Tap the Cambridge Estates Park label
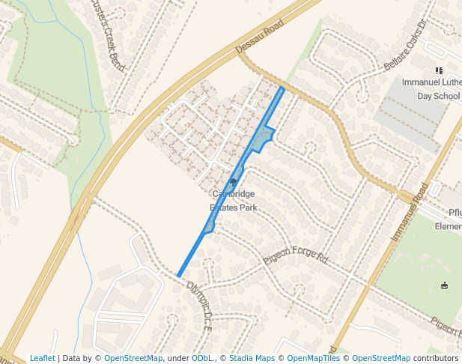(x=233, y=200)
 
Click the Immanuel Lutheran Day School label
(x=431, y=88)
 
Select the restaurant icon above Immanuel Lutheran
(x=439, y=71)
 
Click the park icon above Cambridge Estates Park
(x=233, y=182)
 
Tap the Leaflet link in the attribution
(x=42, y=358)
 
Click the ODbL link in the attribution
(x=201, y=358)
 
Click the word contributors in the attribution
(x=435, y=358)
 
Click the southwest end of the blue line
(x=178, y=276)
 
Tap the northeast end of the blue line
(x=282, y=88)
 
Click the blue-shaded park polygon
(x=260, y=139)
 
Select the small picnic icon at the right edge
(x=445, y=285)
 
